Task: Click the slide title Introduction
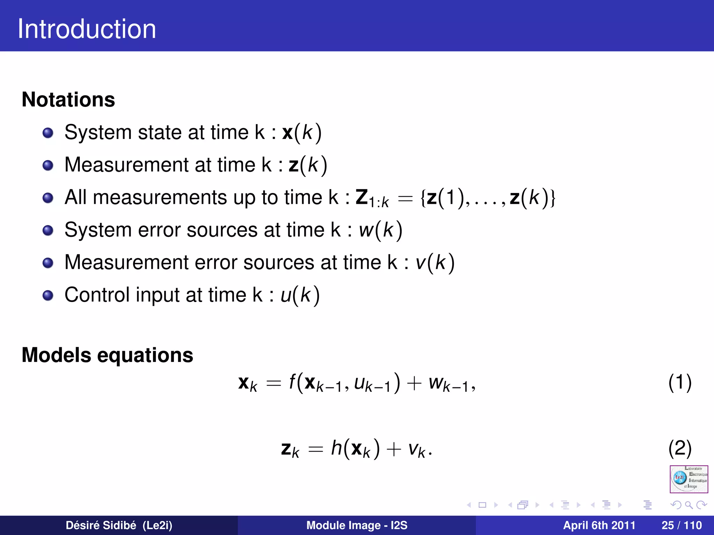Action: pyautogui.click(x=87, y=29)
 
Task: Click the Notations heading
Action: pyautogui.click(x=68, y=100)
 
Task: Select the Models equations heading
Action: pyautogui.click(x=107, y=355)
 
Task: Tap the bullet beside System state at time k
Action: pyautogui.click(x=48, y=133)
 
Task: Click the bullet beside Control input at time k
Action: pyautogui.click(x=48, y=295)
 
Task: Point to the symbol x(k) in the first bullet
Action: pyautogui.click(x=302, y=133)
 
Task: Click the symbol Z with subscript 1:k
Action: pyautogui.click(x=372, y=198)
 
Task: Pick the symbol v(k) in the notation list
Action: pyautogui.click(x=435, y=263)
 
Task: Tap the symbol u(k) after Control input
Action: pyautogui.click(x=300, y=295)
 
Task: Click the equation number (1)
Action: pyautogui.click(x=680, y=382)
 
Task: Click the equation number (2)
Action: pyautogui.click(x=680, y=448)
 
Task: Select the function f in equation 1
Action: pyautogui.click(x=292, y=382)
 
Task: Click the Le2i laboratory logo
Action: pyautogui.click(x=689, y=479)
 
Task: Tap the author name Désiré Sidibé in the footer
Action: pyautogui.click(x=119, y=525)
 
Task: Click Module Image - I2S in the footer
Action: pyautogui.click(x=357, y=525)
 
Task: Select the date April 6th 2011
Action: pyautogui.click(x=599, y=525)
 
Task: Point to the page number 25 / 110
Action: pyautogui.click(x=682, y=525)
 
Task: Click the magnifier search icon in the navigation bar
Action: pyautogui.click(x=689, y=505)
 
